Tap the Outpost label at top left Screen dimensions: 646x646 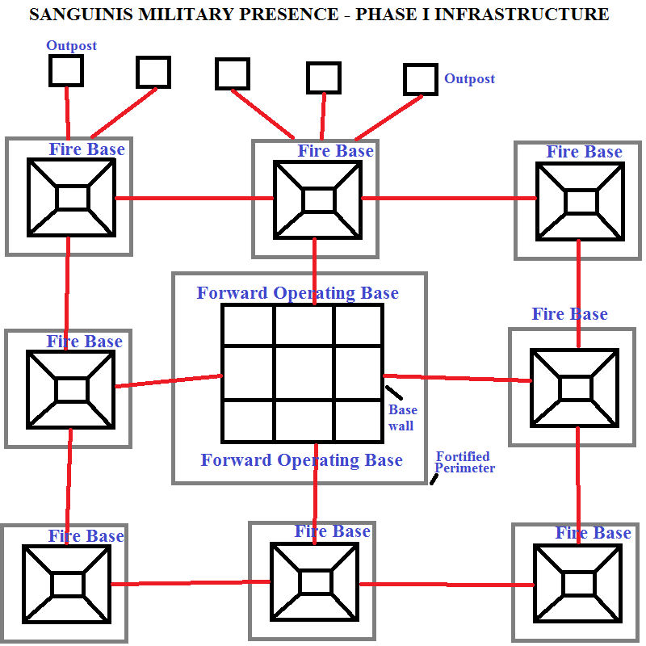pyautogui.click(x=71, y=46)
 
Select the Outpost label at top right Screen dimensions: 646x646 pyautogui.click(x=469, y=79)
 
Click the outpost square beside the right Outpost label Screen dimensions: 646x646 pyautogui.click(x=420, y=79)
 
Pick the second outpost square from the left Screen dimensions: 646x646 pyautogui.click(x=153, y=72)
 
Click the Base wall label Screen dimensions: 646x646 pyautogui.click(x=402, y=417)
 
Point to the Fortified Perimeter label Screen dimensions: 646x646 pyautogui.click(x=464, y=463)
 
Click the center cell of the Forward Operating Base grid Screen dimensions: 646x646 pyautogui.click(x=304, y=373)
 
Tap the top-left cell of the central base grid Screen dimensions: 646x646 pyautogui.click(x=248, y=325)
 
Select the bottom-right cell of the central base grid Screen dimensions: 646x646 pyautogui.click(x=358, y=421)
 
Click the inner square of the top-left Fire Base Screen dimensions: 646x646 pyautogui.click(x=71, y=198)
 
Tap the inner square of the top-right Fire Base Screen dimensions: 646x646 pyautogui.click(x=581, y=201)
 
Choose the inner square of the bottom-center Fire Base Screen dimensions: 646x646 pyautogui.click(x=314, y=582)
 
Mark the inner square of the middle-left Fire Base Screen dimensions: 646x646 pyautogui.click(x=71, y=389)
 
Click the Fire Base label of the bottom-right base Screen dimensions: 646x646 pyautogui.click(x=593, y=533)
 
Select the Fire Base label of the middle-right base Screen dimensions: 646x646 pyautogui.click(x=569, y=314)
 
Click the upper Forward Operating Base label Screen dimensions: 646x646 pyautogui.click(x=297, y=292)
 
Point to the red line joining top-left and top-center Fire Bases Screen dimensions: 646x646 pyautogui.click(x=194, y=198)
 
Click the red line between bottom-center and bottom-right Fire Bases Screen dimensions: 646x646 pyautogui.click(x=446, y=584)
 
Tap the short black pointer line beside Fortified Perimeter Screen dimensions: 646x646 pyautogui.click(x=434, y=480)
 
